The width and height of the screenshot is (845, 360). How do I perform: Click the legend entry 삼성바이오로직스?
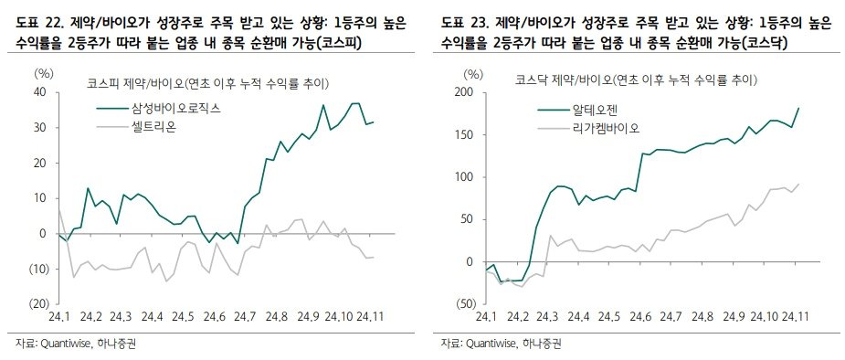pos(176,108)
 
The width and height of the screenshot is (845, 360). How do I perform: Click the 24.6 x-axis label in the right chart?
pos(640,317)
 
